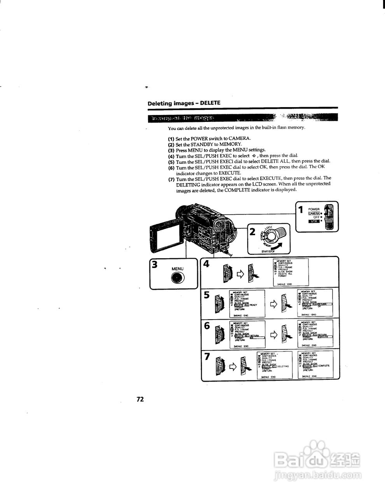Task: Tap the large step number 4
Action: pos(206,264)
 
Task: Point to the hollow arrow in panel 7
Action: pos(233,366)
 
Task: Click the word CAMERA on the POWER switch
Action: pos(314,213)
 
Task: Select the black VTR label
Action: pos(313,221)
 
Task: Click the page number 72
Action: pos(140,399)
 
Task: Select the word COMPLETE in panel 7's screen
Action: pos(324,366)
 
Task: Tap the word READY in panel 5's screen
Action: pos(253,305)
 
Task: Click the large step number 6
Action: pos(207,326)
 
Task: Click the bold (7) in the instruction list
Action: pos(171,179)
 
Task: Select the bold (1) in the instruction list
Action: pos(171,139)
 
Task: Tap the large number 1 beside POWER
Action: pos(301,210)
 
